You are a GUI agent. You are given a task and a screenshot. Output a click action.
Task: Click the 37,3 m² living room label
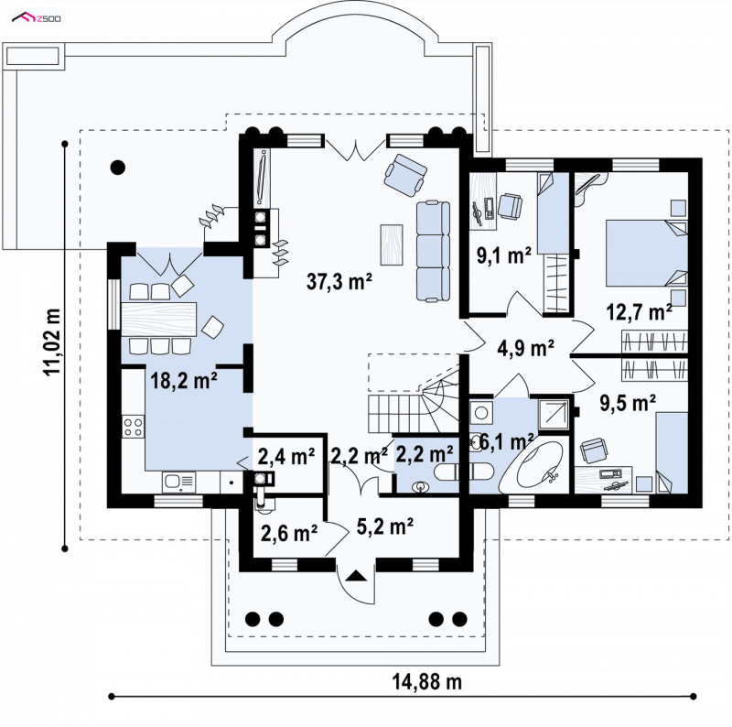tap(339, 281)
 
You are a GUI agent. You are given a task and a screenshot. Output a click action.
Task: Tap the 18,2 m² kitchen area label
tap(184, 380)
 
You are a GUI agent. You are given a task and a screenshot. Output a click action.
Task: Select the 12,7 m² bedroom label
tap(639, 311)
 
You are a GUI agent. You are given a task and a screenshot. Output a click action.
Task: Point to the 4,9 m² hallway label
tap(525, 348)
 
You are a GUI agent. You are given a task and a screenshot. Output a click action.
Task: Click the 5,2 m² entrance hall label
tap(384, 526)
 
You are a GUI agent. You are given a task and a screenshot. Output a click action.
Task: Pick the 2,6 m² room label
tap(289, 533)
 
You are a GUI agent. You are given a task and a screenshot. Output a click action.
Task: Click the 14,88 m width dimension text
tap(426, 682)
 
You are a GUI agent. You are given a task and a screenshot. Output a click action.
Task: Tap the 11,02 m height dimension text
tap(52, 342)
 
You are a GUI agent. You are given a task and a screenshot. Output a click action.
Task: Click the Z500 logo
tap(37, 18)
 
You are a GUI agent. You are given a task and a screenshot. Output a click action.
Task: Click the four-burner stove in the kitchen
tap(133, 427)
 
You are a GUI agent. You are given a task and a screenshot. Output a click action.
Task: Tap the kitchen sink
tap(179, 483)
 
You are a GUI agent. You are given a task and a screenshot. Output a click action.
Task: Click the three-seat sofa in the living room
tap(433, 251)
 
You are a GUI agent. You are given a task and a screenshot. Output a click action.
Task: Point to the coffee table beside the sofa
tap(392, 244)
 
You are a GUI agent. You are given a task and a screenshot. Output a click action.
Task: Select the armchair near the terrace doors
tap(405, 175)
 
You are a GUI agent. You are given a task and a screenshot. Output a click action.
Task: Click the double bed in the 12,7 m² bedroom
tap(647, 253)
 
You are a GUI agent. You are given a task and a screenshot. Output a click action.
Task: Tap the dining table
tap(158, 320)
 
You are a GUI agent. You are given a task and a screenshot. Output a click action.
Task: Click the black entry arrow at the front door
tap(356, 576)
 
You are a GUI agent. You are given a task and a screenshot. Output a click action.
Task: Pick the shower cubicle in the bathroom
tap(554, 414)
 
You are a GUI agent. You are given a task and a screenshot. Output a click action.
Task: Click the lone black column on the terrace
tap(118, 168)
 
